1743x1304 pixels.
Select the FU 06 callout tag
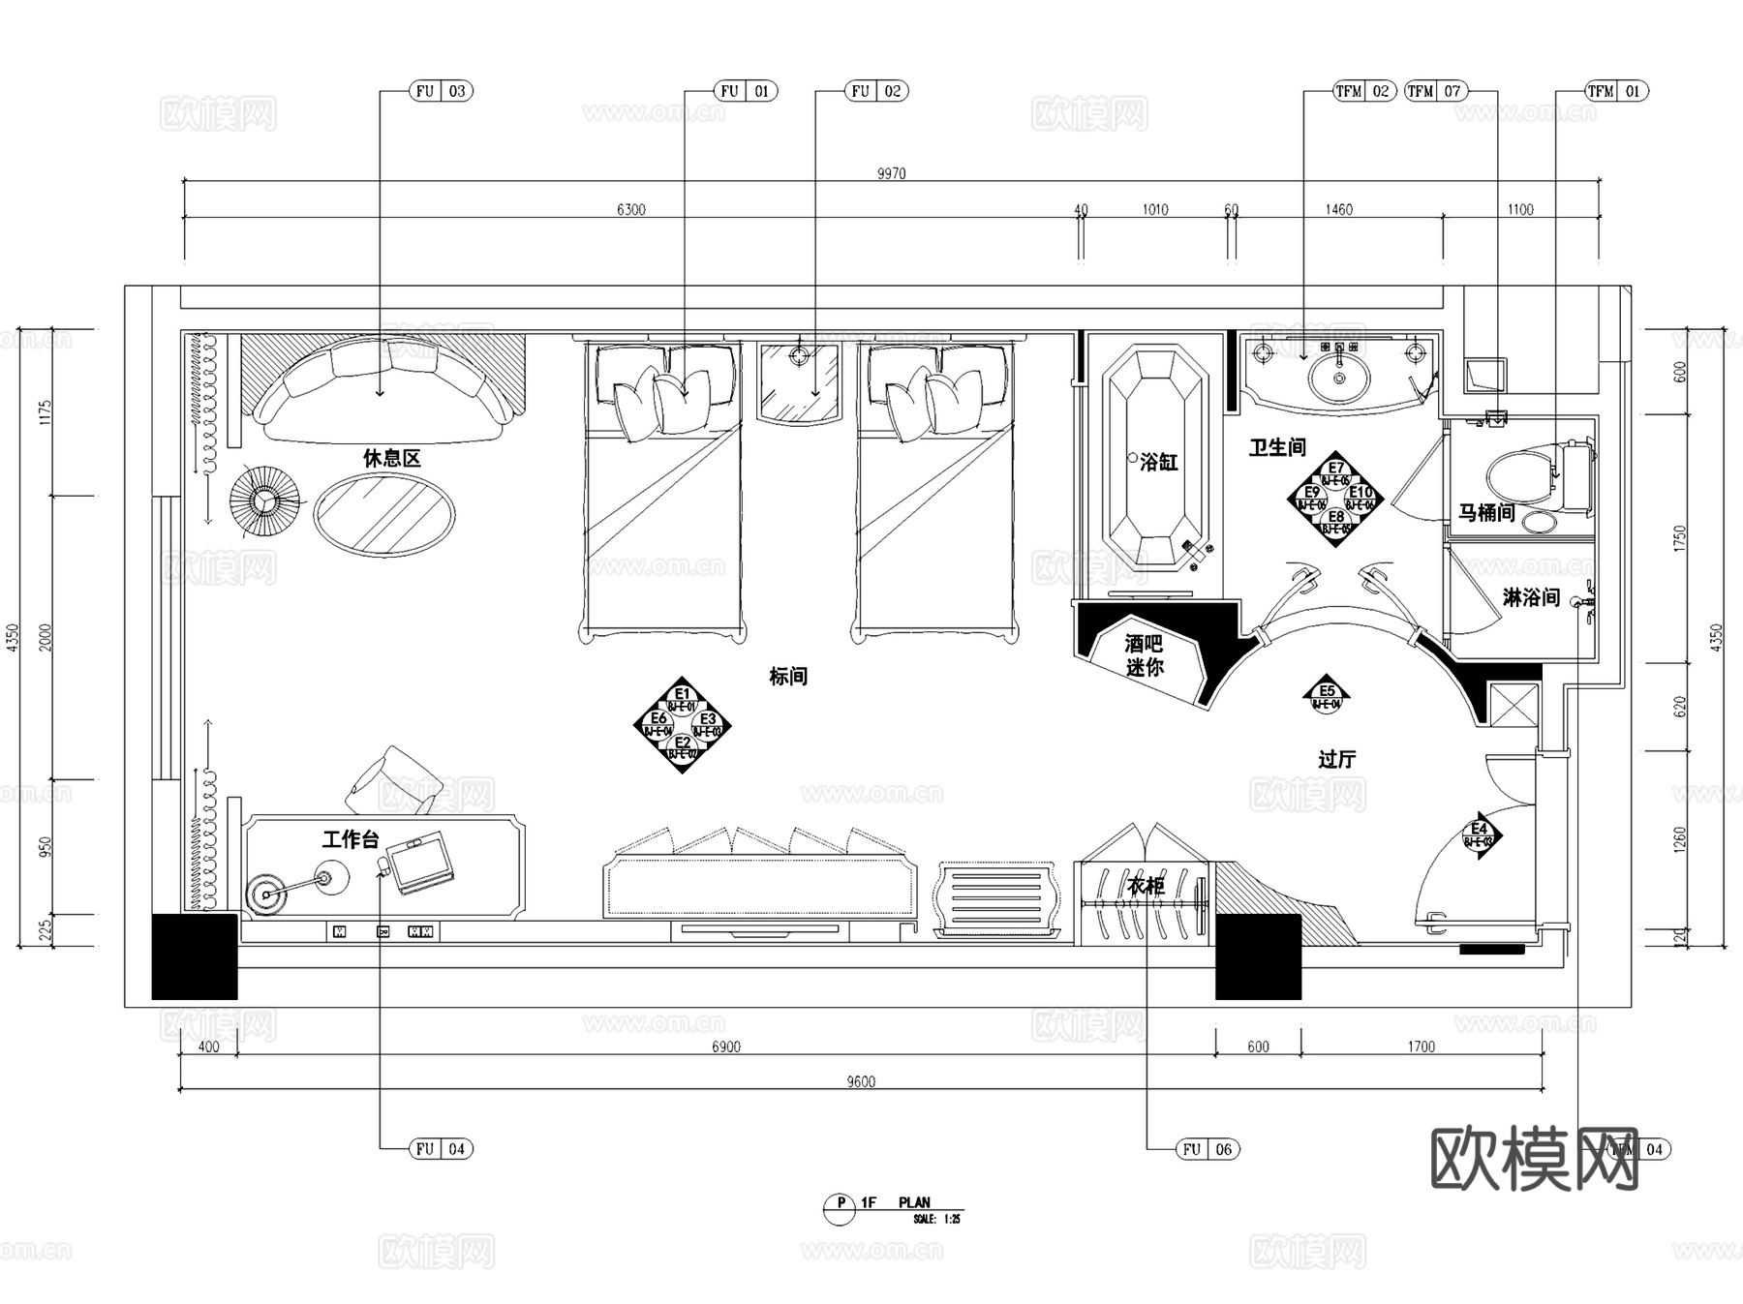coord(1208,1149)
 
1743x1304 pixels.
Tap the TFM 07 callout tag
coord(1435,91)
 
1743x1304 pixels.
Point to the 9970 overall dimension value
coord(891,174)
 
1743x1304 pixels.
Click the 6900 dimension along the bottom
coord(725,1046)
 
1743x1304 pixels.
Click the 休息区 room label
coord(392,458)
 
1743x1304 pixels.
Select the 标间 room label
coord(788,676)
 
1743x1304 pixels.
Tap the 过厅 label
coord(1336,759)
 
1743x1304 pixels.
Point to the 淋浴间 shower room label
coord(1530,597)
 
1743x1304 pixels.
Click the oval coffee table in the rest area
coord(384,513)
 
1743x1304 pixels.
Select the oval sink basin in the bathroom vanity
coord(1339,374)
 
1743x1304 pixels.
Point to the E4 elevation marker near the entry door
coord(1479,834)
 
